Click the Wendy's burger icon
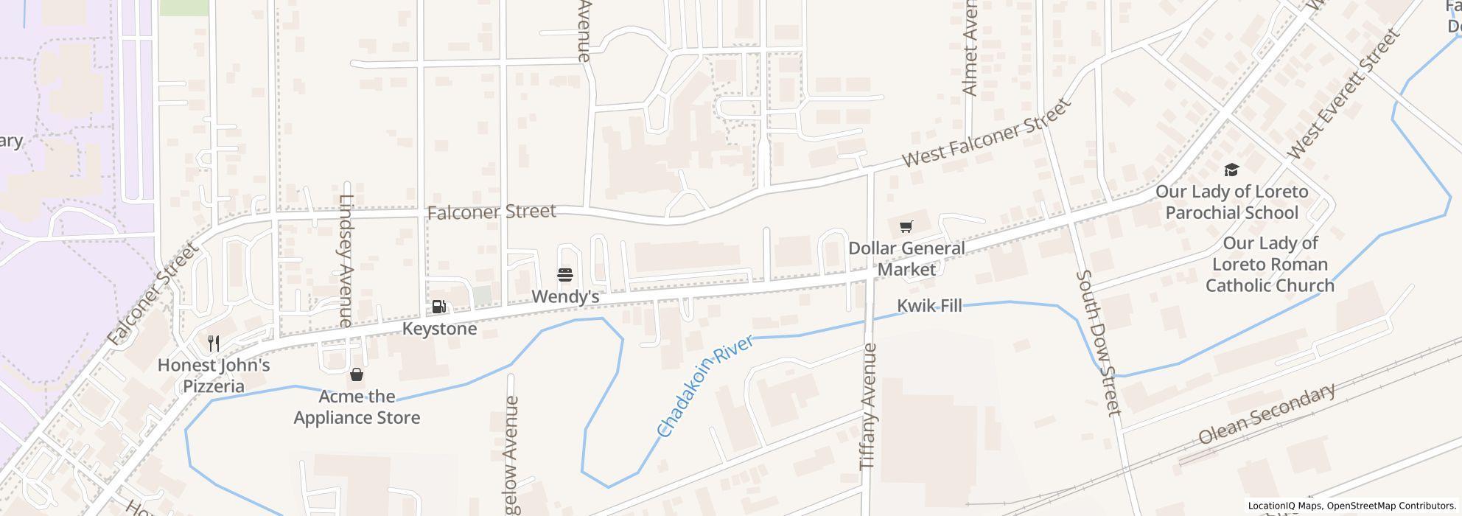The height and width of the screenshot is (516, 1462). pos(565,276)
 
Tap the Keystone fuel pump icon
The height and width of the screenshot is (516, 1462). pos(438,307)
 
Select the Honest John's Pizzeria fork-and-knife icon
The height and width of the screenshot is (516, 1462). pos(214,343)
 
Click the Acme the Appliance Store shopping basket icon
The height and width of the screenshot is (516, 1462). pos(357,375)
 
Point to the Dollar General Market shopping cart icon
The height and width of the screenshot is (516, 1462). pos(906,226)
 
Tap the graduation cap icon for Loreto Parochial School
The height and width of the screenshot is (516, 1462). pos(1231,170)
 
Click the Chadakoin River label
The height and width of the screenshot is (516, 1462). pos(705,386)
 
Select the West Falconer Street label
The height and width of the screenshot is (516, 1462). pos(986,133)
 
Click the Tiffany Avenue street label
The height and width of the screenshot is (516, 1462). pos(870,406)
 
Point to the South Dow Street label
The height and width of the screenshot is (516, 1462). pos(1099,342)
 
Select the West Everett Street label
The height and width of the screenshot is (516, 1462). pos(1343,94)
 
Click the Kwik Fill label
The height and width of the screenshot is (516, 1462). pos(929,306)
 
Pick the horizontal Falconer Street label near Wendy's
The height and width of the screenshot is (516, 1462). pos(492,212)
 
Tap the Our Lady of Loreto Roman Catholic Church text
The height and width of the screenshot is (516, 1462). pos(1270,265)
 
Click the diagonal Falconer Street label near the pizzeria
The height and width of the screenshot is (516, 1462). pos(153,294)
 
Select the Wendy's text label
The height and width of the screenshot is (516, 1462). pos(565,297)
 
